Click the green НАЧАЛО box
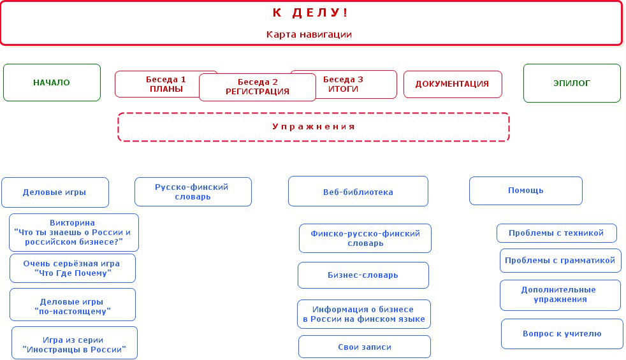pos(52,83)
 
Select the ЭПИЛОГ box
pos(572,83)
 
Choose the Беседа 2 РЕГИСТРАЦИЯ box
pos(258,87)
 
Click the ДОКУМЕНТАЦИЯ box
pos(453,84)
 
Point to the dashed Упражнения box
pos(314,127)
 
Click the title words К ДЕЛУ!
pos(310,13)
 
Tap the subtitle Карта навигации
pos(309,34)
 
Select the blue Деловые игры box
pos(55,192)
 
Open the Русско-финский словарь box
pos(193,192)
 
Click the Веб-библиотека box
pos(358,191)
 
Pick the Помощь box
pos(526,191)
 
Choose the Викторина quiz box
pos(74,233)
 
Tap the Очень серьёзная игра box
pos(73,268)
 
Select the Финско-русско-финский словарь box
pos(365,238)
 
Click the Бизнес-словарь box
pos(363,275)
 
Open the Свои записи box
pos(365,347)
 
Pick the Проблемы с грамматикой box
pos(560,261)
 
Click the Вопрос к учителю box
pos(562,334)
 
